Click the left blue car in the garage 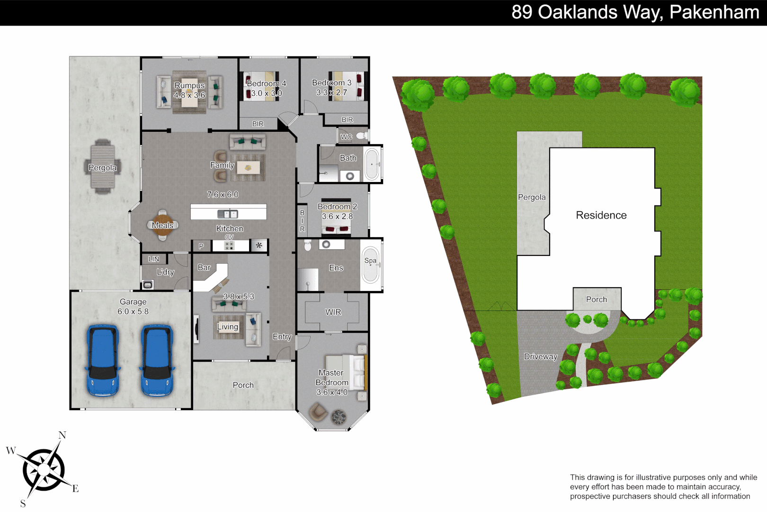pos(102,360)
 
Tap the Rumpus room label pos(189,85)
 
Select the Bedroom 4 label pos(267,83)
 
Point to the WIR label pos(333,312)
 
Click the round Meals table pos(162,225)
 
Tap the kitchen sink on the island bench pos(228,214)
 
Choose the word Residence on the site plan pos(601,215)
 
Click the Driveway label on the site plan pos(540,357)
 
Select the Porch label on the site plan pos(596,300)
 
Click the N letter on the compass pos(62,435)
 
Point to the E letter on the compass pos(75,489)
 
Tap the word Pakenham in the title pos(714,12)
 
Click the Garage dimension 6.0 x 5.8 pos(133,311)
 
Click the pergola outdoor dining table pos(102,167)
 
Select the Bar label pos(204,267)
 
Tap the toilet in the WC pos(361,136)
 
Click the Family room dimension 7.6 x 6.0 pos(223,194)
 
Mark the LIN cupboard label pos(154,259)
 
